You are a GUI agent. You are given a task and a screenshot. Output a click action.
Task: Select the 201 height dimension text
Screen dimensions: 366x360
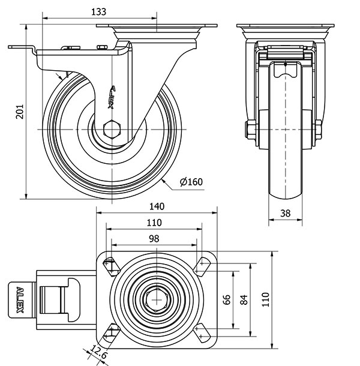tap(19, 111)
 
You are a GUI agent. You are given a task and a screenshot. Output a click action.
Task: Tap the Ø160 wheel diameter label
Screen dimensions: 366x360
tap(190, 182)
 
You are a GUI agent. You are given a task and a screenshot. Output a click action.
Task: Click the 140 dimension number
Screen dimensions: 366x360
tap(156, 206)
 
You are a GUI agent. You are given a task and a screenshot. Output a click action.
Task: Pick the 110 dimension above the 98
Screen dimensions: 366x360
tap(154, 223)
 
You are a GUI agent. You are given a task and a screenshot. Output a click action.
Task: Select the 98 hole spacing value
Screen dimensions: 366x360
tap(154, 238)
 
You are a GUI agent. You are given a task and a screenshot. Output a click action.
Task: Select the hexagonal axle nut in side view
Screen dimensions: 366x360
tap(112, 130)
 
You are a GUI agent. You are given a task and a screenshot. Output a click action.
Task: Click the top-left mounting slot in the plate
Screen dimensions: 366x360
tap(111, 265)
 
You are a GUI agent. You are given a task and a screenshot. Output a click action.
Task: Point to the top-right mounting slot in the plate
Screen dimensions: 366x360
tap(201, 265)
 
